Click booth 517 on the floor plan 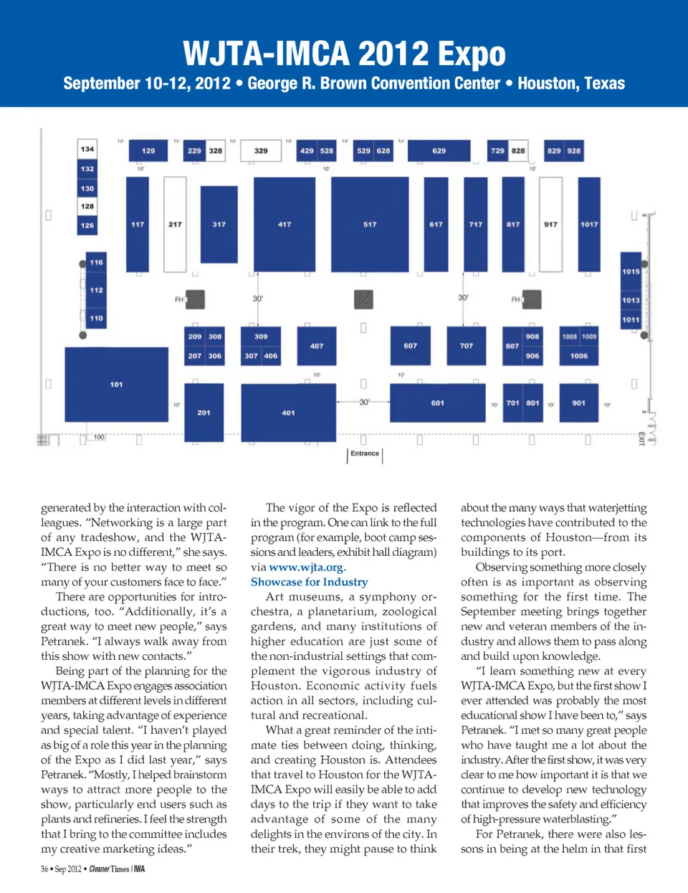pos(370,224)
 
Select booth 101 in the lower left pos(117,384)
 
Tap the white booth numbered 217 pos(175,224)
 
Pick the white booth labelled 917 pos(550,224)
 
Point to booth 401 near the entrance pos(288,412)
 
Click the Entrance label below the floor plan pos(365,453)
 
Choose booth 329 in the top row pos(261,151)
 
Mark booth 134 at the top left pos(87,149)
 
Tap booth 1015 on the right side pos(631,271)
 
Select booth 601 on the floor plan pos(437,403)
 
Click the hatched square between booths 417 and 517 pos(363,298)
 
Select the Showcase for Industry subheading pos(310,582)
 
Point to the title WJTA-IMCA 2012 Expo pos(344,54)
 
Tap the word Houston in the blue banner pos(546,83)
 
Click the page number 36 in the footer pos(44,869)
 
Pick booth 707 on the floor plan pos(467,345)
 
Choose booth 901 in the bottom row pos(579,403)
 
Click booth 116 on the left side pos(97,263)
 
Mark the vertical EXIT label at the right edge pos(641,438)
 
